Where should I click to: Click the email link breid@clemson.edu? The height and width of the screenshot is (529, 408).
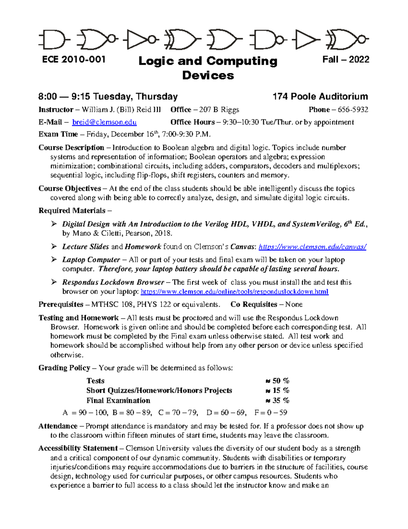tap(104, 122)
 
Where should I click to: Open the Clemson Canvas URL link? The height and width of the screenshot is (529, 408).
tap(312, 247)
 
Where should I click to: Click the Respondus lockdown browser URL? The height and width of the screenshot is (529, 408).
tap(234, 292)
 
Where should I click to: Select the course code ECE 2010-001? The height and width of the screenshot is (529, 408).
tap(74, 60)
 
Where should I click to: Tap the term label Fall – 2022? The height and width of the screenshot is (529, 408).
tap(346, 60)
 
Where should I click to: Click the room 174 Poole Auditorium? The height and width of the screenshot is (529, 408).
tap(320, 97)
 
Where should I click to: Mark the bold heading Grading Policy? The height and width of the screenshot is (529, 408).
tap(64, 368)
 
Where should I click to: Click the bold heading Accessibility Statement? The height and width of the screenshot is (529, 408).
tap(78, 448)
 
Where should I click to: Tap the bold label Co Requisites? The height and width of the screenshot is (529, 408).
tap(254, 305)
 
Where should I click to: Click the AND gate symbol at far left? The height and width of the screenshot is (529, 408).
tap(54, 40)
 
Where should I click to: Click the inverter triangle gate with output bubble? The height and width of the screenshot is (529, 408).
tap(139, 40)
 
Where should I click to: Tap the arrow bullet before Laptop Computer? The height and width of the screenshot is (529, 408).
tap(54, 260)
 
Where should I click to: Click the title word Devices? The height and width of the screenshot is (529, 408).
tap(208, 75)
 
